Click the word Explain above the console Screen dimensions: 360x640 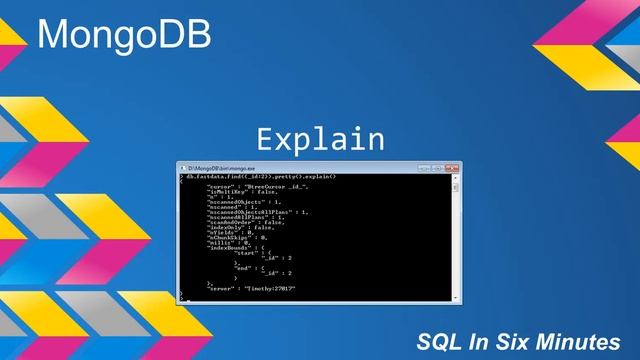[x=320, y=138]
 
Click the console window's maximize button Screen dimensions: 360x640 [x=438, y=167]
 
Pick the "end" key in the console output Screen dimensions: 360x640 [x=243, y=268]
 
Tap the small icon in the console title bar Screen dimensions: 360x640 [x=182, y=168]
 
